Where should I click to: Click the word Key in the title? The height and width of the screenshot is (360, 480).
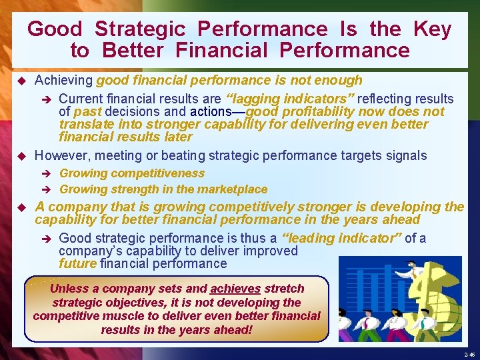[x=432, y=29]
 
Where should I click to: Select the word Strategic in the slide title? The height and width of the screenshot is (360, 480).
[x=139, y=29]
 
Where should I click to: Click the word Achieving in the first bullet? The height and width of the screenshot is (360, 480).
[x=64, y=81]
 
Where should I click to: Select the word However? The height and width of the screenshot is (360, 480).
[x=62, y=155]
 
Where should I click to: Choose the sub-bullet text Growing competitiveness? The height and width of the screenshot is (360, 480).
[x=132, y=173]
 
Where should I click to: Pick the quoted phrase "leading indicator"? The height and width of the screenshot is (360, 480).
[x=342, y=238]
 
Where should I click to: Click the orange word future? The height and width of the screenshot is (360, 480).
[x=77, y=264]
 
